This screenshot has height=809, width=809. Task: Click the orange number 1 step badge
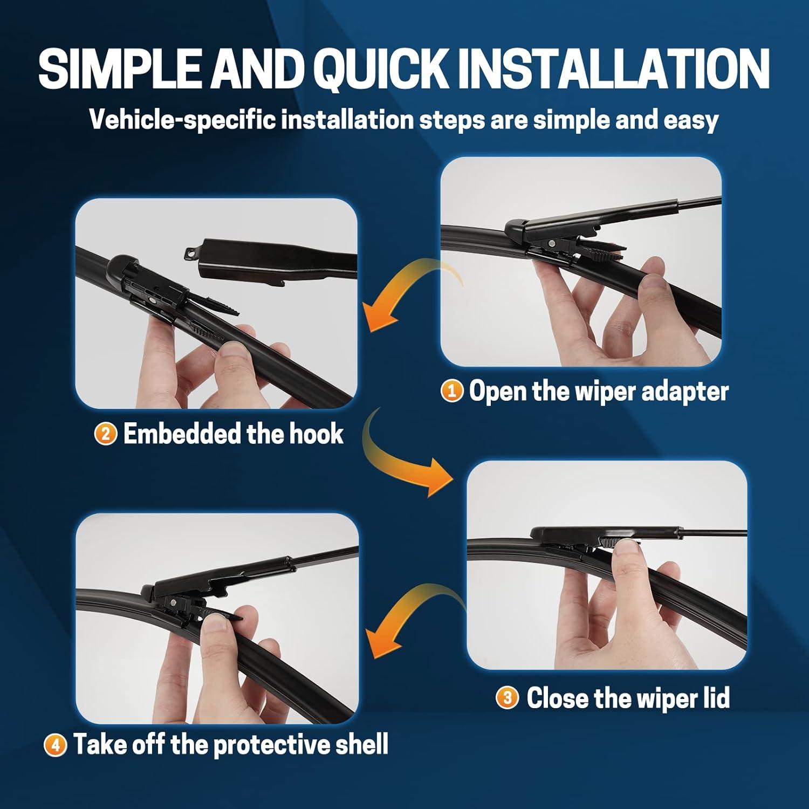pos(452,391)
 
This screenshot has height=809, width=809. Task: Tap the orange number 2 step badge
pos(106,434)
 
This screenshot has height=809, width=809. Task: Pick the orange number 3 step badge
pos(507,698)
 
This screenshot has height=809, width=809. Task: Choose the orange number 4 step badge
pos(55,745)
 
